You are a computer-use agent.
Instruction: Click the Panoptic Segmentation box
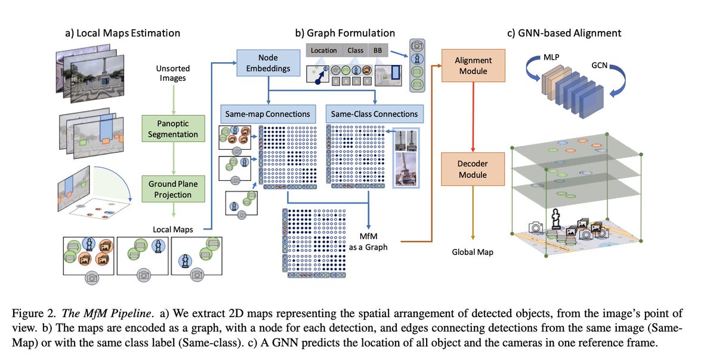tap(173, 128)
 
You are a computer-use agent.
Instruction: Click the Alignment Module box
tap(473, 65)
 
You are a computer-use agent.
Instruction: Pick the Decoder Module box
tap(473, 168)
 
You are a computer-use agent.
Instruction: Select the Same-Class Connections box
tap(375, 113)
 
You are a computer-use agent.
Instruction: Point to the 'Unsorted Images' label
tap(173, 74)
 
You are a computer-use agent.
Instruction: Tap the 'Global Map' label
tap(473, 253)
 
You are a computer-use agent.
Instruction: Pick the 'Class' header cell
tap(356, 51)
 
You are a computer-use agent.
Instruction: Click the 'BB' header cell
tap(378, 51)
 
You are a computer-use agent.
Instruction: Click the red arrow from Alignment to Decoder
tap(473, 116)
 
